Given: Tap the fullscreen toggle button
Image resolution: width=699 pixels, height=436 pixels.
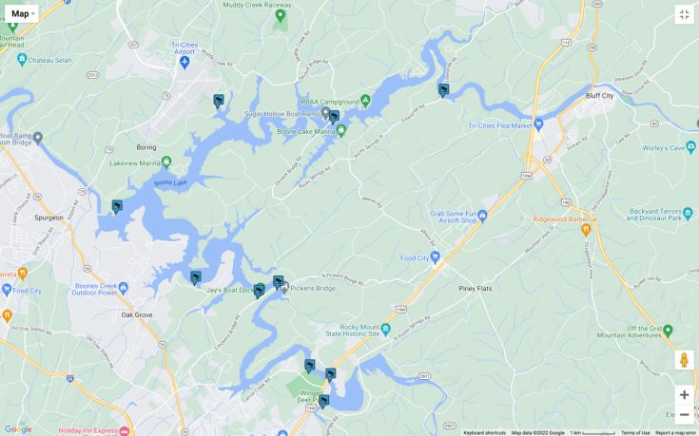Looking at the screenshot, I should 684,14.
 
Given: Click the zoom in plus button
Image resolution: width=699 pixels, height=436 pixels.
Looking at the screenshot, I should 684,395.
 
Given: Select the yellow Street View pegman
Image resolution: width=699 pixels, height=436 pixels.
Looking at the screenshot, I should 684,360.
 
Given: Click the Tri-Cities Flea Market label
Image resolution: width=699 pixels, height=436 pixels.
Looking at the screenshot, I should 500,125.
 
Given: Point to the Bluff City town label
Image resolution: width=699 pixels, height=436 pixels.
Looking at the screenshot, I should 600,96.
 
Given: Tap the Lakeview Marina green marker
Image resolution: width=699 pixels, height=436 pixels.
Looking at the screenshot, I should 166,162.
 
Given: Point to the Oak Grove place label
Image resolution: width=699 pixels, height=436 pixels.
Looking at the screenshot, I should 137,314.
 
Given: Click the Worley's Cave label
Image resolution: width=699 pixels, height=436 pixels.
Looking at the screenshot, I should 663,148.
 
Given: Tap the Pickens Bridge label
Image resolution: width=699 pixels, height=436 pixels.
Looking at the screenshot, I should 313,288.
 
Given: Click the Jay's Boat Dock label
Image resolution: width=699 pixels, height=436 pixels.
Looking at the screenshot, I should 228,290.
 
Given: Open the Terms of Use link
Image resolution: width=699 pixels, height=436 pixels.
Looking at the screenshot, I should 635,432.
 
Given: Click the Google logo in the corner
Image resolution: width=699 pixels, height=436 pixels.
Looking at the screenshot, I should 17,428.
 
